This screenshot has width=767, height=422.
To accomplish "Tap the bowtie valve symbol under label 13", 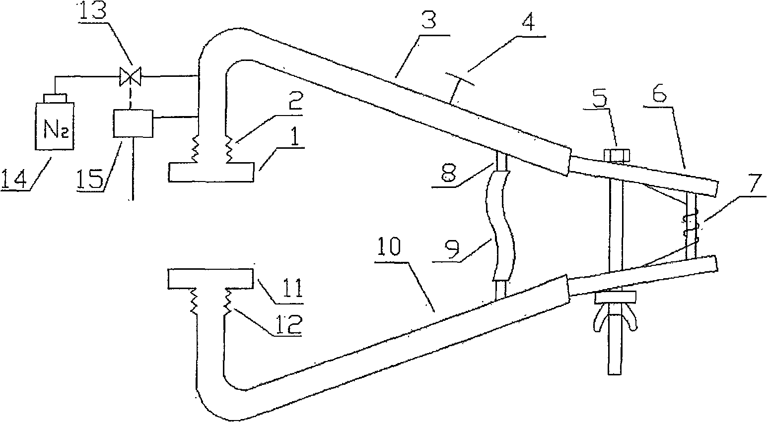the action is pyautogui.click(x=130, y=76).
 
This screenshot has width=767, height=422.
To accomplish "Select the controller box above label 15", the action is pyautogui.click(x=133, y=123).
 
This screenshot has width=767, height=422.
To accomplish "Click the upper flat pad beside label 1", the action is pyautogui.click(x=211, y=172).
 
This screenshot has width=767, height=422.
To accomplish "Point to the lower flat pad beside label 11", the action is pyautogui.click(x=210, y=279).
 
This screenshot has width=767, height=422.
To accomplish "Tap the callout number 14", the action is pyautogui.click(x=15, y=177).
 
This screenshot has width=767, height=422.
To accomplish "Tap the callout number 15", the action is pyautogui.click(x=90, y=177).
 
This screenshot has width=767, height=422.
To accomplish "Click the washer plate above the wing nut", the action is pyautogui.click(x=615, y=297).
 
